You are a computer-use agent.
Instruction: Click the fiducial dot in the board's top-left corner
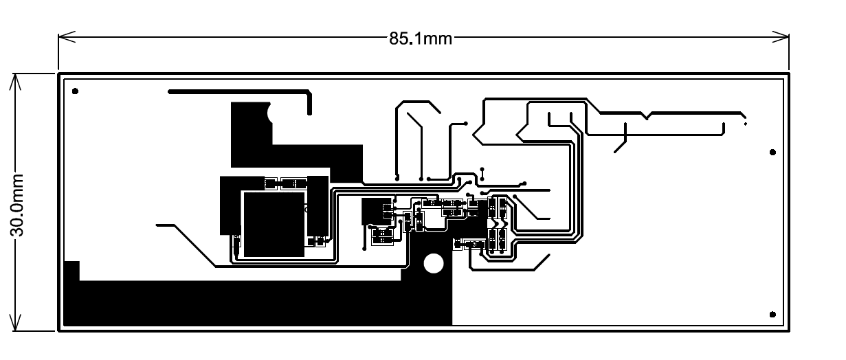pyautogui.click(x=75, y=91)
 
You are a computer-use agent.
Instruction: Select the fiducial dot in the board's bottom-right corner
pyautogui.click(x=773, y=315)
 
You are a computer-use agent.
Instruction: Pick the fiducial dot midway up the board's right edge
pyautogui.click(x=773, y=152)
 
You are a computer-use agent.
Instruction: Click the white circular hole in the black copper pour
pyautogui.click(x=434, y=263)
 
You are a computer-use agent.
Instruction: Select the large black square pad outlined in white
pyautogui.click(x=274, y=223)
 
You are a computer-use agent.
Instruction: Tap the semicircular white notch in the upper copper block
pyautogui.click(x=271, y=113)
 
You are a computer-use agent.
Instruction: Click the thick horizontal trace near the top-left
pyautogui.click(x=237, y=91)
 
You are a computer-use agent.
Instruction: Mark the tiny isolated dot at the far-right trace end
pyautogui.click(x=746, y=124)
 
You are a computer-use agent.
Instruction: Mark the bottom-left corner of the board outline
pyautogui.click(x=59, y=331)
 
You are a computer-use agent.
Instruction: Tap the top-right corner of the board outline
pyautogui.click(x=788, y=74)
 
